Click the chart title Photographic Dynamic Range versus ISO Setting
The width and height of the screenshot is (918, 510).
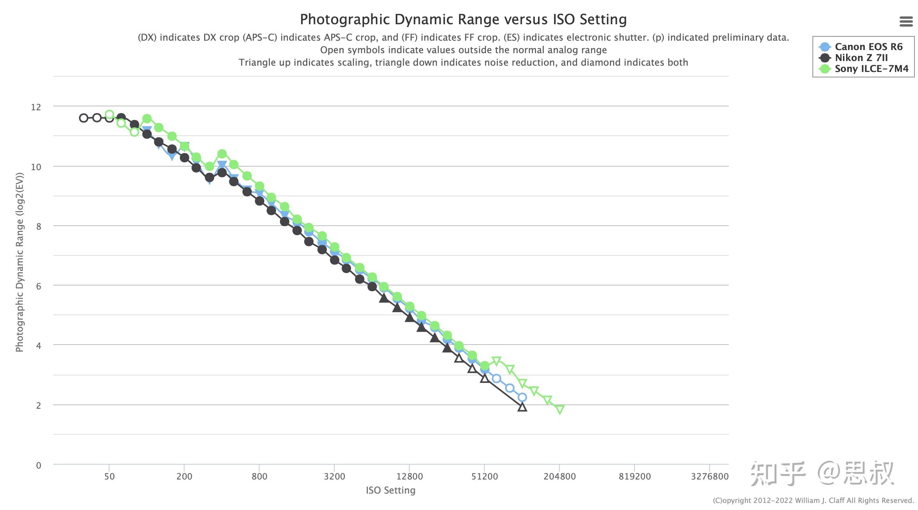(463, 19)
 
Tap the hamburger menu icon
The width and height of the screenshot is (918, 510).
(906, 22)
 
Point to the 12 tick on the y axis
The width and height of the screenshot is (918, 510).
(36, 107)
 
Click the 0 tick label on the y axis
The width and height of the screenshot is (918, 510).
(38, 465)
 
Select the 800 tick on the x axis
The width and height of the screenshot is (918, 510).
(259, 476)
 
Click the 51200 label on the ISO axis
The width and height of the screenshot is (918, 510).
(484, 476)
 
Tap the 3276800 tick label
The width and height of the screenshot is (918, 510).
(710, 476)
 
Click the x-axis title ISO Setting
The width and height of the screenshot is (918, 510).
(391, 490)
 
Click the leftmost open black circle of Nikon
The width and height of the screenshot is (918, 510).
(83, 118)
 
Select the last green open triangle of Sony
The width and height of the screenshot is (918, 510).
(560, 409)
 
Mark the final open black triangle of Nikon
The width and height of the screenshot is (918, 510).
(522, 407)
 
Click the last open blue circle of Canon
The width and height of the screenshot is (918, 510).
(522, 397)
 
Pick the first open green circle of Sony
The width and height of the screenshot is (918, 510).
(109, 115)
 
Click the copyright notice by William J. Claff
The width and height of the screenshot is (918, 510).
(813, 501)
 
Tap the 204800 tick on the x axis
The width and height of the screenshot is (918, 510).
(559, 476)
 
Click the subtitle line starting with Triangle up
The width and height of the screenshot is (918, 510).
(463, 63)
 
